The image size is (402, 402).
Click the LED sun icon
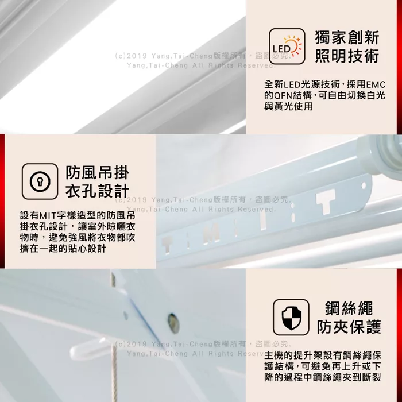pyautogui.click(x=287, y=46)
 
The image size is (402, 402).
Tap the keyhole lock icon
pyautogui.click(x=40, y=181)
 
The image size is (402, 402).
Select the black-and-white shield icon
pyautogui.click(x=291, y=317)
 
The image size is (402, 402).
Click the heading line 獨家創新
pyautogui.click(x=347, y=37)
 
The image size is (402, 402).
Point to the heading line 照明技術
pyautogui.click(x=347, y=56)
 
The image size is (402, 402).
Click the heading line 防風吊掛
pyautogui.click(x=97, y=172)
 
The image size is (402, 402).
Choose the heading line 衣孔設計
pyautogui.click(x=97, y=191)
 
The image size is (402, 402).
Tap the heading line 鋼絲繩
pyautogui.click(x=349, y=308)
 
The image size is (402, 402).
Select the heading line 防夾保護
pyautogui.click(x=349, y=327)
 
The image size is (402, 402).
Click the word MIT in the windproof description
pyautogui.click(x=48, y=215)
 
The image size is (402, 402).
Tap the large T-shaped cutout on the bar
pyautogui.click(x=325, y=201)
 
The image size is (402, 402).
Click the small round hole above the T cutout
pyautogui.click(x=364, y=185)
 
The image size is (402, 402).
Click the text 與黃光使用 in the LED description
pyautogui.click(x=288, y=107)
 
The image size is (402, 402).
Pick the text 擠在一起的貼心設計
pyautogui.click(x=63, y=249)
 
